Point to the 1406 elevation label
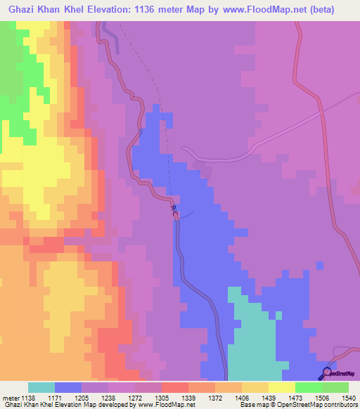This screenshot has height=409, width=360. pos(229,397)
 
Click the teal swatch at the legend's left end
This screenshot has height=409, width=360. pos(41,387)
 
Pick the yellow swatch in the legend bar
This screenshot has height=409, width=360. pos(282,387)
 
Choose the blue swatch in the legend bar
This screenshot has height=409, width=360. pos(68,387)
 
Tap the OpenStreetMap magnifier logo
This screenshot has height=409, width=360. pos(328,372)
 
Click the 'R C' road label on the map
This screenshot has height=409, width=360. pos(174,210)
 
